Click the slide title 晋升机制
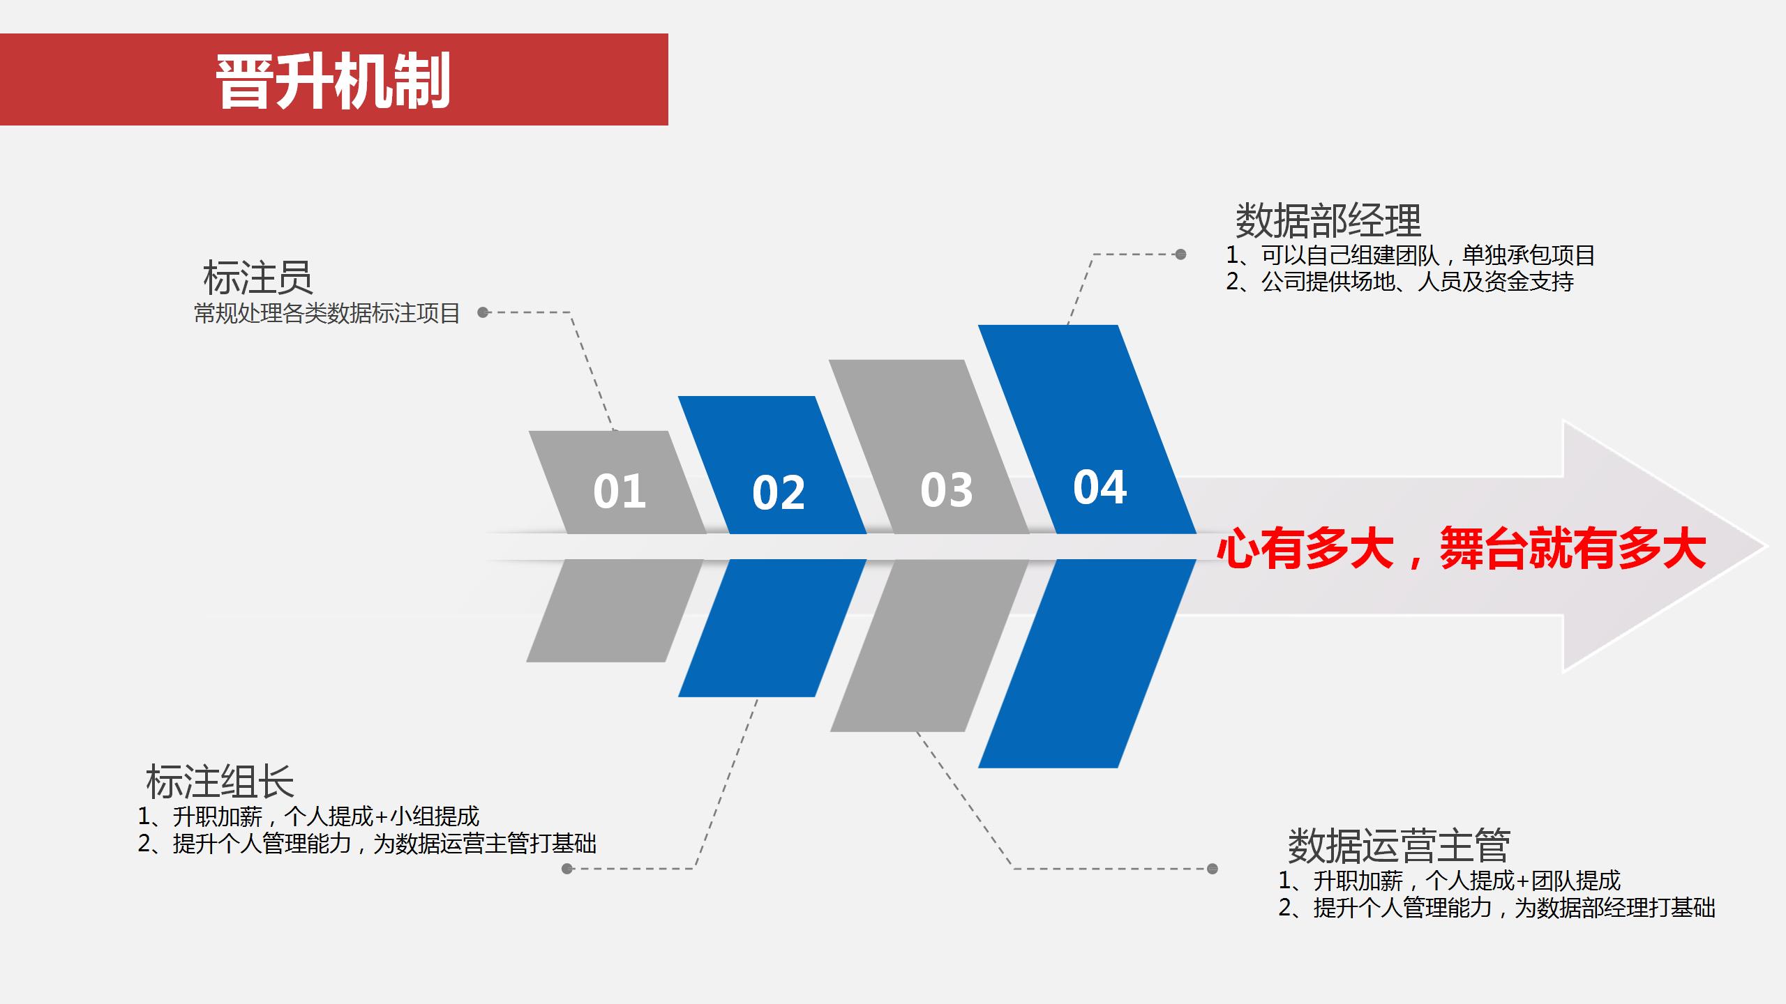tap(333, 81)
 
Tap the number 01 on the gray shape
tap(620, 491)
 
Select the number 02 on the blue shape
tap(779, 492)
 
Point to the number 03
tap(947, 489)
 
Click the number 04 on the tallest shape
tap(1100, 487)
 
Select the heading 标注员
tap(257, 277)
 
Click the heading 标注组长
tap(220, 781)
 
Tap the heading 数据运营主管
tap(1399, 845)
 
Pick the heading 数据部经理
tap(1328, 220)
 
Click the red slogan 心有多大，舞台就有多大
tap(1462, 549)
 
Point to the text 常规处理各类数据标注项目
tap(327, 314)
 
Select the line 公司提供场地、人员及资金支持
tap(1400, 282)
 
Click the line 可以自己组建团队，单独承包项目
tap(1411, 255)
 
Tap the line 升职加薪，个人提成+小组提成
tap(308, 816)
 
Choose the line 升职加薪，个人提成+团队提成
tap(1450, 881)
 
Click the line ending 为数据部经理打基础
tap(1496, 908)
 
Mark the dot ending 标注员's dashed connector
tap(483, 312)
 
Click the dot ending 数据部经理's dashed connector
tap(1180, 254)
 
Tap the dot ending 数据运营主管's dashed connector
tap(1213, 869)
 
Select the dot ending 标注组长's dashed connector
tap(567, 869)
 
